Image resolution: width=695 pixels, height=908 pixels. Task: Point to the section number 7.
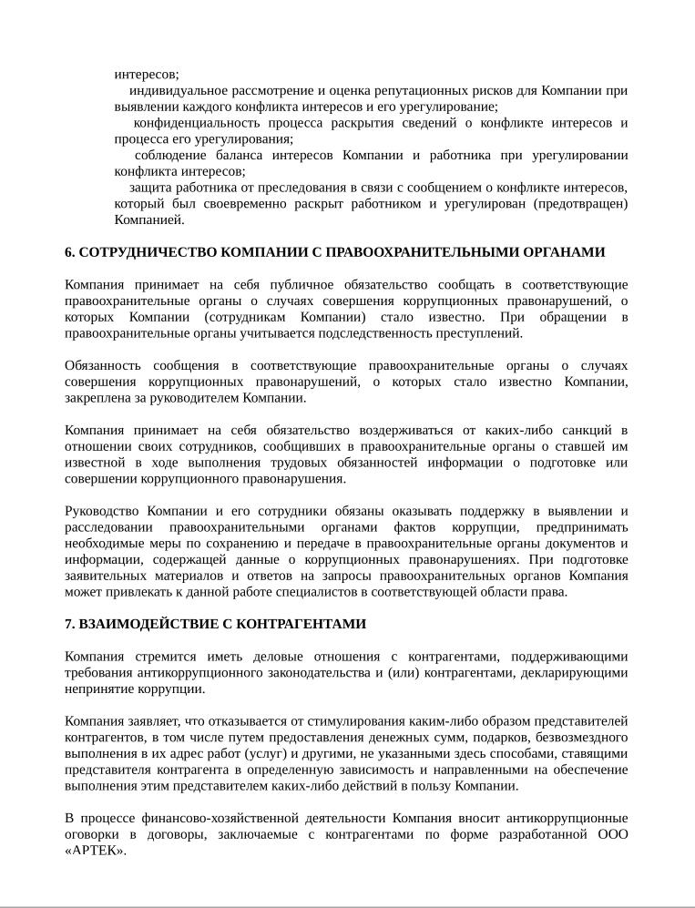tap(69, 625)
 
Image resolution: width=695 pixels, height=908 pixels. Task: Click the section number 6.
tap(69, 252)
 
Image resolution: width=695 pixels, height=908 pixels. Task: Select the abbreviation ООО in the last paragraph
tap(611, 835)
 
